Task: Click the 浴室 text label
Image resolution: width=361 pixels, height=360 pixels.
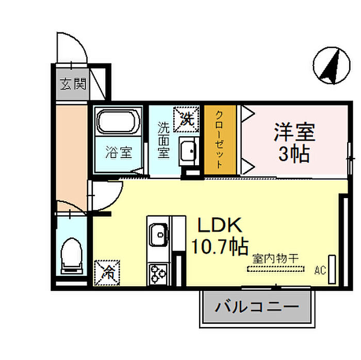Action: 119,153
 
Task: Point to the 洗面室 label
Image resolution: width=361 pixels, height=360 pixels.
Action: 163,140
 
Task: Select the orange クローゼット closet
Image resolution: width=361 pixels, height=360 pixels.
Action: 220,140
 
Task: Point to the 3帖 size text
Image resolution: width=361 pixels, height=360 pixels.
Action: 294,154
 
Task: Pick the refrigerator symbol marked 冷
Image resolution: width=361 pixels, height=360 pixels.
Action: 107,272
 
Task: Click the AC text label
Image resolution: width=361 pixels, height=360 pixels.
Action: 320,269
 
